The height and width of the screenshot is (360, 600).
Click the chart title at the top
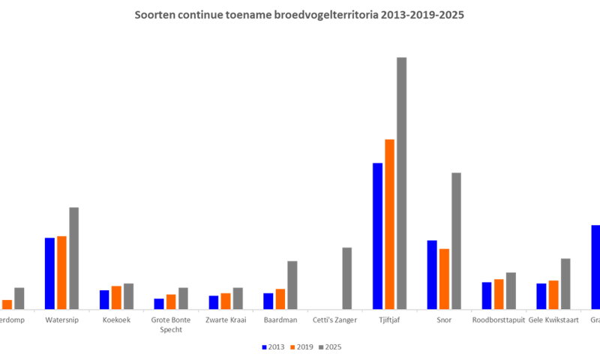(x=299, y=14)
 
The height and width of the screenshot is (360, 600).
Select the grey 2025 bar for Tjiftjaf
(x=402, y=183)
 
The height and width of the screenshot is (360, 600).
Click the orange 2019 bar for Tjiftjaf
(x=389, y=223)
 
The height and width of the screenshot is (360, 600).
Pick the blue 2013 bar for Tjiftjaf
(x=377, y=235)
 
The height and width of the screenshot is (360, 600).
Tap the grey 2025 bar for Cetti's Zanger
(x=347, y=278)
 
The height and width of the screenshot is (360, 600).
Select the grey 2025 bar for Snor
(x=456, y=241)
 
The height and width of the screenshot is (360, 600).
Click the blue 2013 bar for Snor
(x=432, y=274)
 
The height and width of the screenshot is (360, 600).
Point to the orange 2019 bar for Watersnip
(x=61, y=272)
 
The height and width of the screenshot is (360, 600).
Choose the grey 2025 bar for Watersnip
(x=73, y=258)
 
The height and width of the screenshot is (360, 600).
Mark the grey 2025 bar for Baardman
(x=292, y=285)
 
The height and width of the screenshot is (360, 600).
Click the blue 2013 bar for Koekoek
(x=104, y=299)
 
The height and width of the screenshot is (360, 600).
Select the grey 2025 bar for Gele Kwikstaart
(x=565, y=283)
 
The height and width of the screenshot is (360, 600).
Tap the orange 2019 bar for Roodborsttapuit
(x=499, y=294)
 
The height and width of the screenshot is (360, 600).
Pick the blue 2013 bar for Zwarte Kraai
(x=214, y=302)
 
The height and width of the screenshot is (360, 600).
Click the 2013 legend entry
(x=273, y=347)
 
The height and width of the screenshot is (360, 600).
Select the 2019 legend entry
(x=301, y=347)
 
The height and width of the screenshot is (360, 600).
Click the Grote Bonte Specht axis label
(x=171, y=325)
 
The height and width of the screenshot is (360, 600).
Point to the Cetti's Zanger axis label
(x=335, y=320)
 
